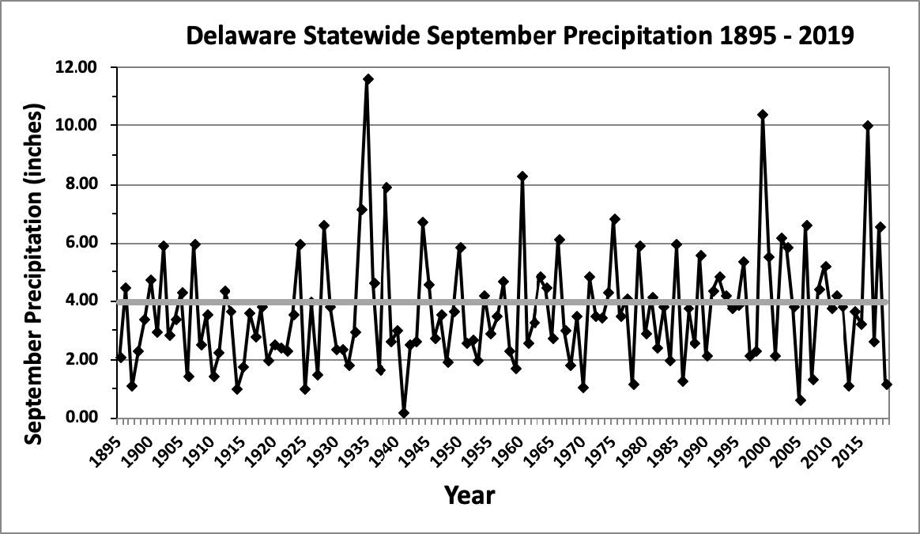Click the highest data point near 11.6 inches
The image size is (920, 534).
click(x=368, y=79)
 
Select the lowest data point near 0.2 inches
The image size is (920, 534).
click(x=405, y=413)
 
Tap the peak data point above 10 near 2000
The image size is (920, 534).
click(x=763, y=115)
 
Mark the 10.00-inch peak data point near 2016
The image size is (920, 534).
click(x=868, y=126)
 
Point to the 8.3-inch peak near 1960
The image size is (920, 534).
click(x=522, y=176)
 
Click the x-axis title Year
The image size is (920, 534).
click(x=469, y=496)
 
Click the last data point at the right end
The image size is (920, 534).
click(x=887, y=384)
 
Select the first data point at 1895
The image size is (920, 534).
click(x=121, y=358)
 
